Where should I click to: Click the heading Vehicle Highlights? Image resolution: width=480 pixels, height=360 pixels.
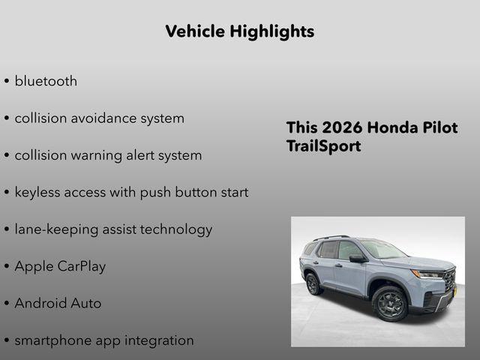click(239, 31)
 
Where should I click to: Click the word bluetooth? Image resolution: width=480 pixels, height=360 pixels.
click(46, 81)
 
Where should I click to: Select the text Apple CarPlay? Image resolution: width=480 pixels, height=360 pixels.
click(60, 266)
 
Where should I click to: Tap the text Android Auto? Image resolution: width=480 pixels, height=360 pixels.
click(58, 304)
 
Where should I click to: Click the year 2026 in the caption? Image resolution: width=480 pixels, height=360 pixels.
click(338, 127)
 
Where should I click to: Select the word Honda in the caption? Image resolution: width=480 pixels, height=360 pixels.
click(388, 127)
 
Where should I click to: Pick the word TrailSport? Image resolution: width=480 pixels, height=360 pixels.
click(323, 146)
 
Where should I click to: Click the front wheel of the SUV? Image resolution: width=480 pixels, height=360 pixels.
click(390, 303)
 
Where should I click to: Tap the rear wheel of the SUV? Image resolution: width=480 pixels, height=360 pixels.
click(313, 284)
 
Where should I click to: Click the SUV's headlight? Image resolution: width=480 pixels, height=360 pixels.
click(426, 274)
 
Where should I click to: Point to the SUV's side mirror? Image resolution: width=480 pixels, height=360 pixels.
click(355, 259)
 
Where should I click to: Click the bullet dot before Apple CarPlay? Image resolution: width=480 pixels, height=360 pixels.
click(7, 267)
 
